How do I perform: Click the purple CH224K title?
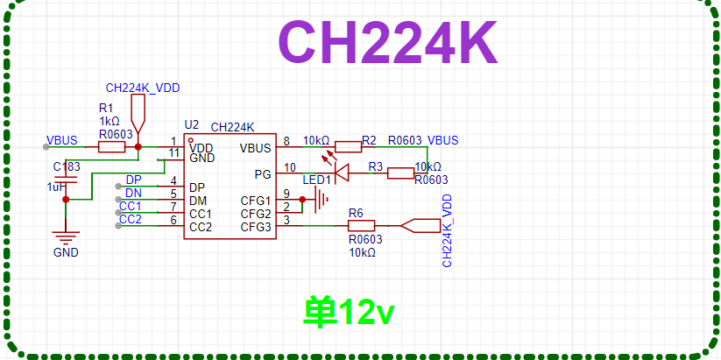pos(387,43)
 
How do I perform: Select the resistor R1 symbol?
pos(111,147)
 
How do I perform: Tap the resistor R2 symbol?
pos(348,147)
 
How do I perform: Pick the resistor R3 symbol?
pos(400,173)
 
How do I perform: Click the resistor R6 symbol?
pos(361,226)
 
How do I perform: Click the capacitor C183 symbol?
pos(66,180)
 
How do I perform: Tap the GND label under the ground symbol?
pos(66,253)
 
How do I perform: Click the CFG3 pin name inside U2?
pos(255,227)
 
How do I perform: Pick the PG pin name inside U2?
pos(263,174)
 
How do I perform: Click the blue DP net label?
pos(133,180)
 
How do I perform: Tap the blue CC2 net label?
pos(131,219)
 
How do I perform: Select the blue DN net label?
pos(133,193)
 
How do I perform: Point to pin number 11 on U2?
pos(173,153)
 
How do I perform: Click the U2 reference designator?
pos(191,124)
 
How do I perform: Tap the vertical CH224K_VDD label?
pos(447,231)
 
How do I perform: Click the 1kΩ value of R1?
pos(110,122)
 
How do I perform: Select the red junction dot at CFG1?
pos(302,200)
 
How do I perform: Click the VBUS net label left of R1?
pos(62,140)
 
